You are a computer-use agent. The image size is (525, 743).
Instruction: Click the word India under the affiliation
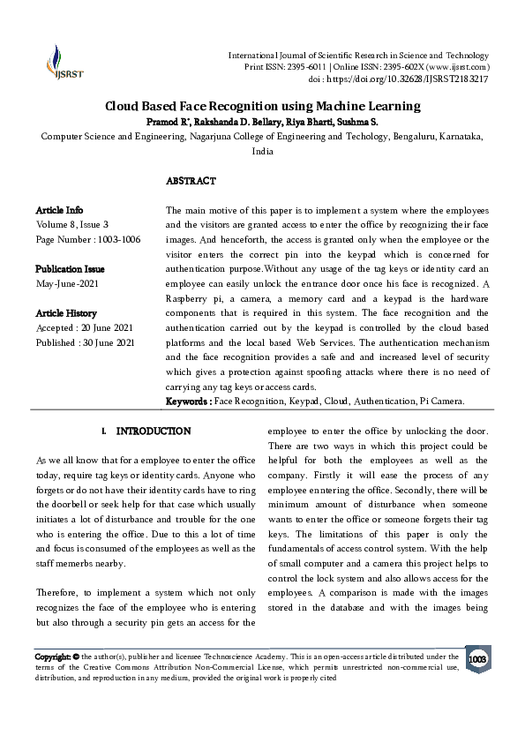262,151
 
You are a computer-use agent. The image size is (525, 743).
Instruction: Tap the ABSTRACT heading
191,181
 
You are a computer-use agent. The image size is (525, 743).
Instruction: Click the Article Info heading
59,210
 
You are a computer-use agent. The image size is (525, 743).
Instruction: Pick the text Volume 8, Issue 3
72,224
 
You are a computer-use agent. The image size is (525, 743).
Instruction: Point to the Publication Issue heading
71,267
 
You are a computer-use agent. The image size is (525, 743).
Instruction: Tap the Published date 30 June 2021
86,341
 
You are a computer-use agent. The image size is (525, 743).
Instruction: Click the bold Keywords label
189,402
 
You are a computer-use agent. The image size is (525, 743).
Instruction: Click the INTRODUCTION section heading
153,432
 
